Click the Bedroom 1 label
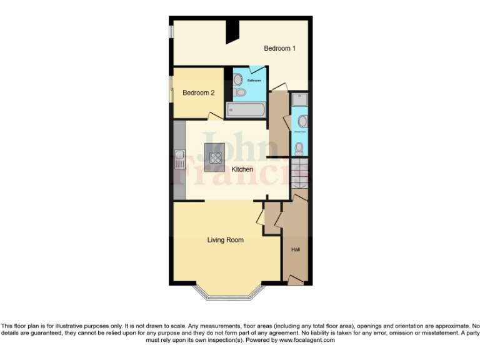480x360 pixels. point(279,48)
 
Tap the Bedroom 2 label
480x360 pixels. point(198,92)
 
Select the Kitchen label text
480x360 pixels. point(242,169)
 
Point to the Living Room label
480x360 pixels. point(226,239)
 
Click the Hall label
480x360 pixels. point(296,250)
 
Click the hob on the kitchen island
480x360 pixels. point(215,157)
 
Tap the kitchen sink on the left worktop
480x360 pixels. point(179,159)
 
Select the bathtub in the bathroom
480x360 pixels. point(246,111)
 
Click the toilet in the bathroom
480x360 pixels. point(239,93)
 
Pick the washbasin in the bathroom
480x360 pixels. point(238,79)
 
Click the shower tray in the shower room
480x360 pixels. point(299,99)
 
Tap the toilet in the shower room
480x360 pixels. point(299,148)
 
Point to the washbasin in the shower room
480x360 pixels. point(302,121)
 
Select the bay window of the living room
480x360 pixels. point(227,293)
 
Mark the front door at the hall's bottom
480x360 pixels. point(294,281)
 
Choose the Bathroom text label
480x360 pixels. point(254,81)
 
